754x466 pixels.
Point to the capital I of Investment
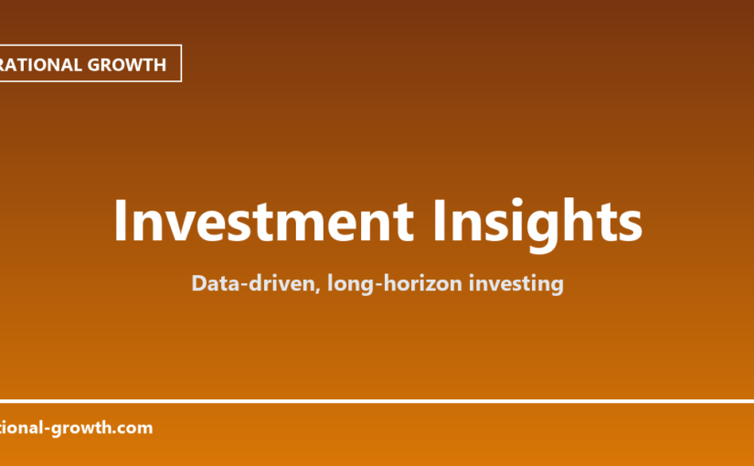pyautogui.click(x=121, y=220)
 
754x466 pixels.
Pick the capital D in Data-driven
pyautogui.click(x=199, y=283)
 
